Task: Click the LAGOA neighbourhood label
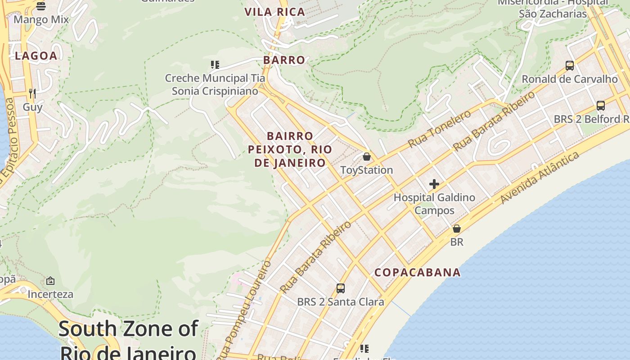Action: click(x=36, y=56)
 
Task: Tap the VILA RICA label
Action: click(x=275, y=12)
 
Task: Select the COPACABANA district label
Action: click(x=418, y=272)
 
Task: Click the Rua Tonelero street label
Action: click(x=439, y=129)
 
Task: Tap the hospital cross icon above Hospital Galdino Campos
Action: click(x=434, y=184)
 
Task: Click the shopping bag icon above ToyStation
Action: click(x=367, y=157)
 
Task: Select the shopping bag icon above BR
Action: click(x=457, y=229)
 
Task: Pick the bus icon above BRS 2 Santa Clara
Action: click(x=341, y=288)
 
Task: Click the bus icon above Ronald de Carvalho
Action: click(x=570, y=66)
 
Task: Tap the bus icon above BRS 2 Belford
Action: click(x=601, y=106)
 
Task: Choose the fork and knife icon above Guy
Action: click(x=32, y=94)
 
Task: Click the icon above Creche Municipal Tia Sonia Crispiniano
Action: click(x=215, y=65)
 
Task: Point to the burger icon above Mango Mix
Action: click(x=41, y=6)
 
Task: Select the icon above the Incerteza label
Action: click(x=50, y=281)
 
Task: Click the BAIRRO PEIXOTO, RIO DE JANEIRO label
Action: click(x=290, y=149)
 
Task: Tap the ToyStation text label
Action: click(x=367, y=170)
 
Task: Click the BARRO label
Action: click(x=284, y=60)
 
